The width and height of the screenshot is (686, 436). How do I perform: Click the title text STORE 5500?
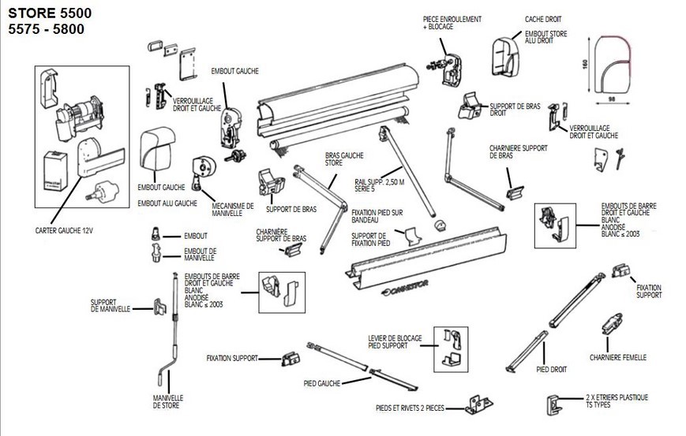[44, 13]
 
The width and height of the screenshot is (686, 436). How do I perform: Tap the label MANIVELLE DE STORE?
[167, 401]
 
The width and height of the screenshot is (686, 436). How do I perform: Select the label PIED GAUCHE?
[321, 383]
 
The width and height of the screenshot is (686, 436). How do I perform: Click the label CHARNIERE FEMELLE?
[618, 357]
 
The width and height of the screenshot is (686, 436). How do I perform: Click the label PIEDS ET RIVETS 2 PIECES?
[410, 408]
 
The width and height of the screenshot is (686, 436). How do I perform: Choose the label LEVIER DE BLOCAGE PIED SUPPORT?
[393, 342]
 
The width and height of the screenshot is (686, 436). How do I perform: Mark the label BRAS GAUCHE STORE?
[339, 161]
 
